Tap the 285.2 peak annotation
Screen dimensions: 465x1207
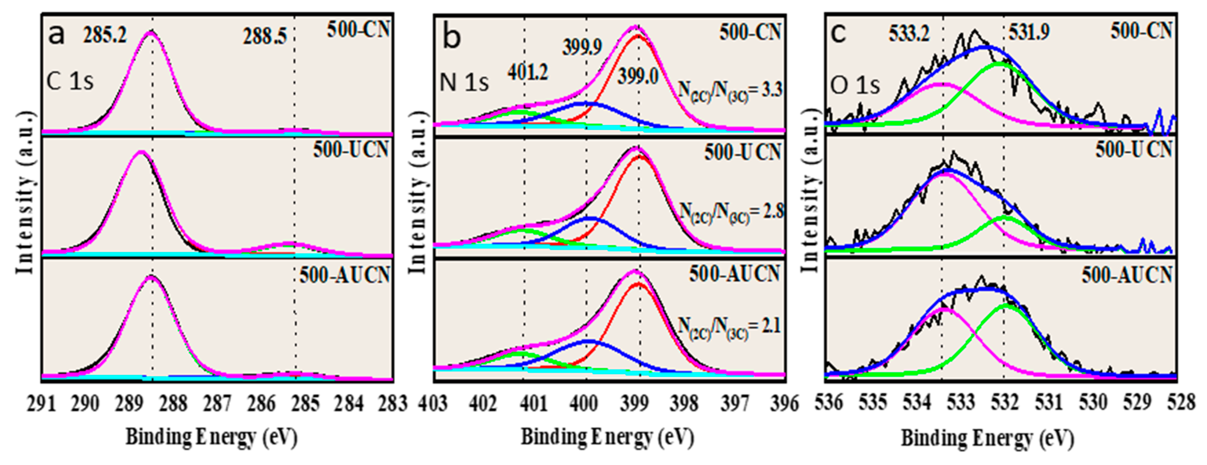(105, 35)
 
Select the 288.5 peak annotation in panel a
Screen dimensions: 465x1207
(265, 36)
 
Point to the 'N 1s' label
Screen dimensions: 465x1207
(464, 83)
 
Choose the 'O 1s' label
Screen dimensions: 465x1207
(855, 86)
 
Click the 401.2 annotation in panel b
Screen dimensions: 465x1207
(528, 72)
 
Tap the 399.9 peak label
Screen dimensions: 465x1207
(582, 47)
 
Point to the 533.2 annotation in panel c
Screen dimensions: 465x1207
(909, 34)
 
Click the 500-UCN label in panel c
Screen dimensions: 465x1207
(1133, 149)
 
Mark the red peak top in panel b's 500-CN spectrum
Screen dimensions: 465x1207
(638, 35)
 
